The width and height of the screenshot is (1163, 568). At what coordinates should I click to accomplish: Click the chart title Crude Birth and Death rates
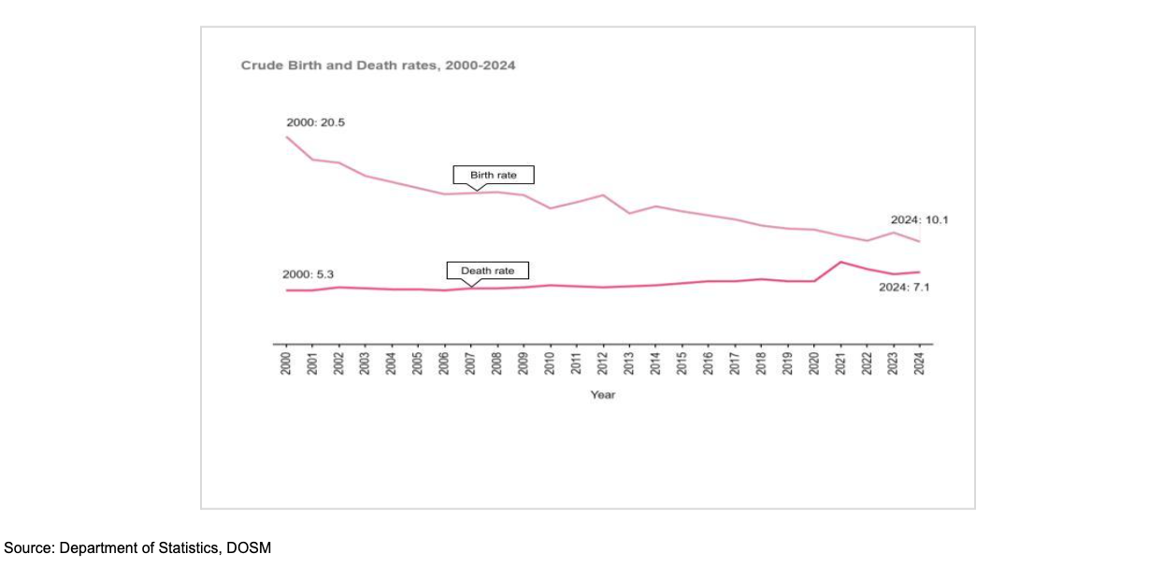378,66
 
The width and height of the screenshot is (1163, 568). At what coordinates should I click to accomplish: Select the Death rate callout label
487,271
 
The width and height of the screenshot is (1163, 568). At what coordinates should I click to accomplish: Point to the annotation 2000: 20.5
315,122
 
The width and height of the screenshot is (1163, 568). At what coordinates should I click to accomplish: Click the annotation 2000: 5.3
309,275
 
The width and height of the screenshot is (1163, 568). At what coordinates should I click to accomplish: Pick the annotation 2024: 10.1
919,220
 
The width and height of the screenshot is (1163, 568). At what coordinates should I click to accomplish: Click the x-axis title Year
602,395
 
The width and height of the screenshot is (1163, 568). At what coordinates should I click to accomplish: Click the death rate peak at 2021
841,262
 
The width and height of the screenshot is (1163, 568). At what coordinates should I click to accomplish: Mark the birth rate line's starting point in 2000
287,137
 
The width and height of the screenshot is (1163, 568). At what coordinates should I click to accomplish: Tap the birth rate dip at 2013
629,213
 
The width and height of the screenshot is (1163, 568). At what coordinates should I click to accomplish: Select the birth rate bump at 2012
603,195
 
